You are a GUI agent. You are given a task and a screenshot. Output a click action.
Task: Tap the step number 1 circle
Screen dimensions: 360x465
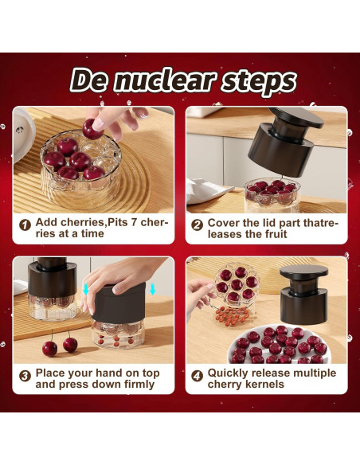pos(25,225)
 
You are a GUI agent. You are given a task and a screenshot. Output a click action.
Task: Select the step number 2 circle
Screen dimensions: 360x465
pos(197,225)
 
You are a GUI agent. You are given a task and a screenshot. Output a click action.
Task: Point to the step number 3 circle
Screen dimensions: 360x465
pos(25,376)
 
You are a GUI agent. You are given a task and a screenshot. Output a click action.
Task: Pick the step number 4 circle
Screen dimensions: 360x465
pos(197,376)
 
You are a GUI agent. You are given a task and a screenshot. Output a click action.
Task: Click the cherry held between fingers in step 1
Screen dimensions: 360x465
pos(92,129)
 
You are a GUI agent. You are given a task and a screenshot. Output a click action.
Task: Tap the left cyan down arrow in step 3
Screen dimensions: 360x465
pos(86,289)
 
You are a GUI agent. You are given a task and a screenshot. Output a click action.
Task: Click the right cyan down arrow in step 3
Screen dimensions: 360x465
pos(153,289)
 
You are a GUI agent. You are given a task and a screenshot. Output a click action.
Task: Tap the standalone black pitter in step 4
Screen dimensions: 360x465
pos(304,294)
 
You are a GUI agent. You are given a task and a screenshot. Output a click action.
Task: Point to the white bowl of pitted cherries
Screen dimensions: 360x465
pos(279,346)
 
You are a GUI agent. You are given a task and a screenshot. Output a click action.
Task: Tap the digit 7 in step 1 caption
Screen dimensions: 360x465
pos(134,222)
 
